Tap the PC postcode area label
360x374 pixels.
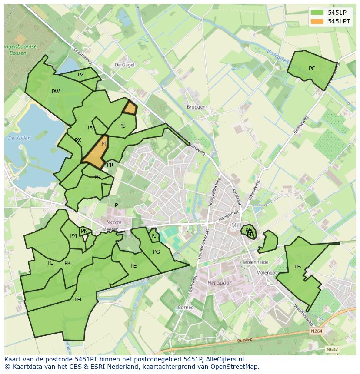pos(312,69)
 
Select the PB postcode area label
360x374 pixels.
pos(297,267)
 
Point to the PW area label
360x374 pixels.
pos(56,92)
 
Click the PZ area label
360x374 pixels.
pos(81,75)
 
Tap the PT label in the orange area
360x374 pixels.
pos(104,144)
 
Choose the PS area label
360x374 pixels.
pos(122,126)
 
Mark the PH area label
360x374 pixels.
pos(77,300)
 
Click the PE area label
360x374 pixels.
pos(133,266)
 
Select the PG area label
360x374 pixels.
pos(157,252)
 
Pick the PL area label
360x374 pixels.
pos(50,263)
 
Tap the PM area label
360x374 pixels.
pos(73,236)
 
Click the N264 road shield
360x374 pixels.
pos(317,331)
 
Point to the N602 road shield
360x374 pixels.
pos(332,349)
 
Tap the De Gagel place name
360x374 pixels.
pos(124,65)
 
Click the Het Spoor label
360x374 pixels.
pos(220,283)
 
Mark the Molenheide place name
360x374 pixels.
pos(255,262)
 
